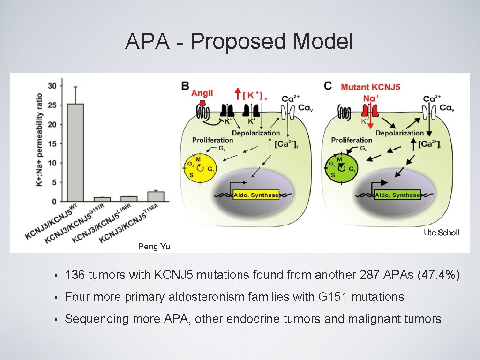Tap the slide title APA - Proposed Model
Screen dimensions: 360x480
coord(239,42)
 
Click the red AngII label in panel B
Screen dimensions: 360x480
coord(202,93)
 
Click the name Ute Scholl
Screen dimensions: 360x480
coord(441,232)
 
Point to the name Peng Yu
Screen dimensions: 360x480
coord(154,247)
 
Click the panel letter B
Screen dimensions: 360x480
coord(186,86)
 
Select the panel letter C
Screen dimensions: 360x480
coord(328,86)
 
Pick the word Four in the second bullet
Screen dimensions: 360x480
coord(76,297)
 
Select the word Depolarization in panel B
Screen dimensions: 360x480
coord(256,133)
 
